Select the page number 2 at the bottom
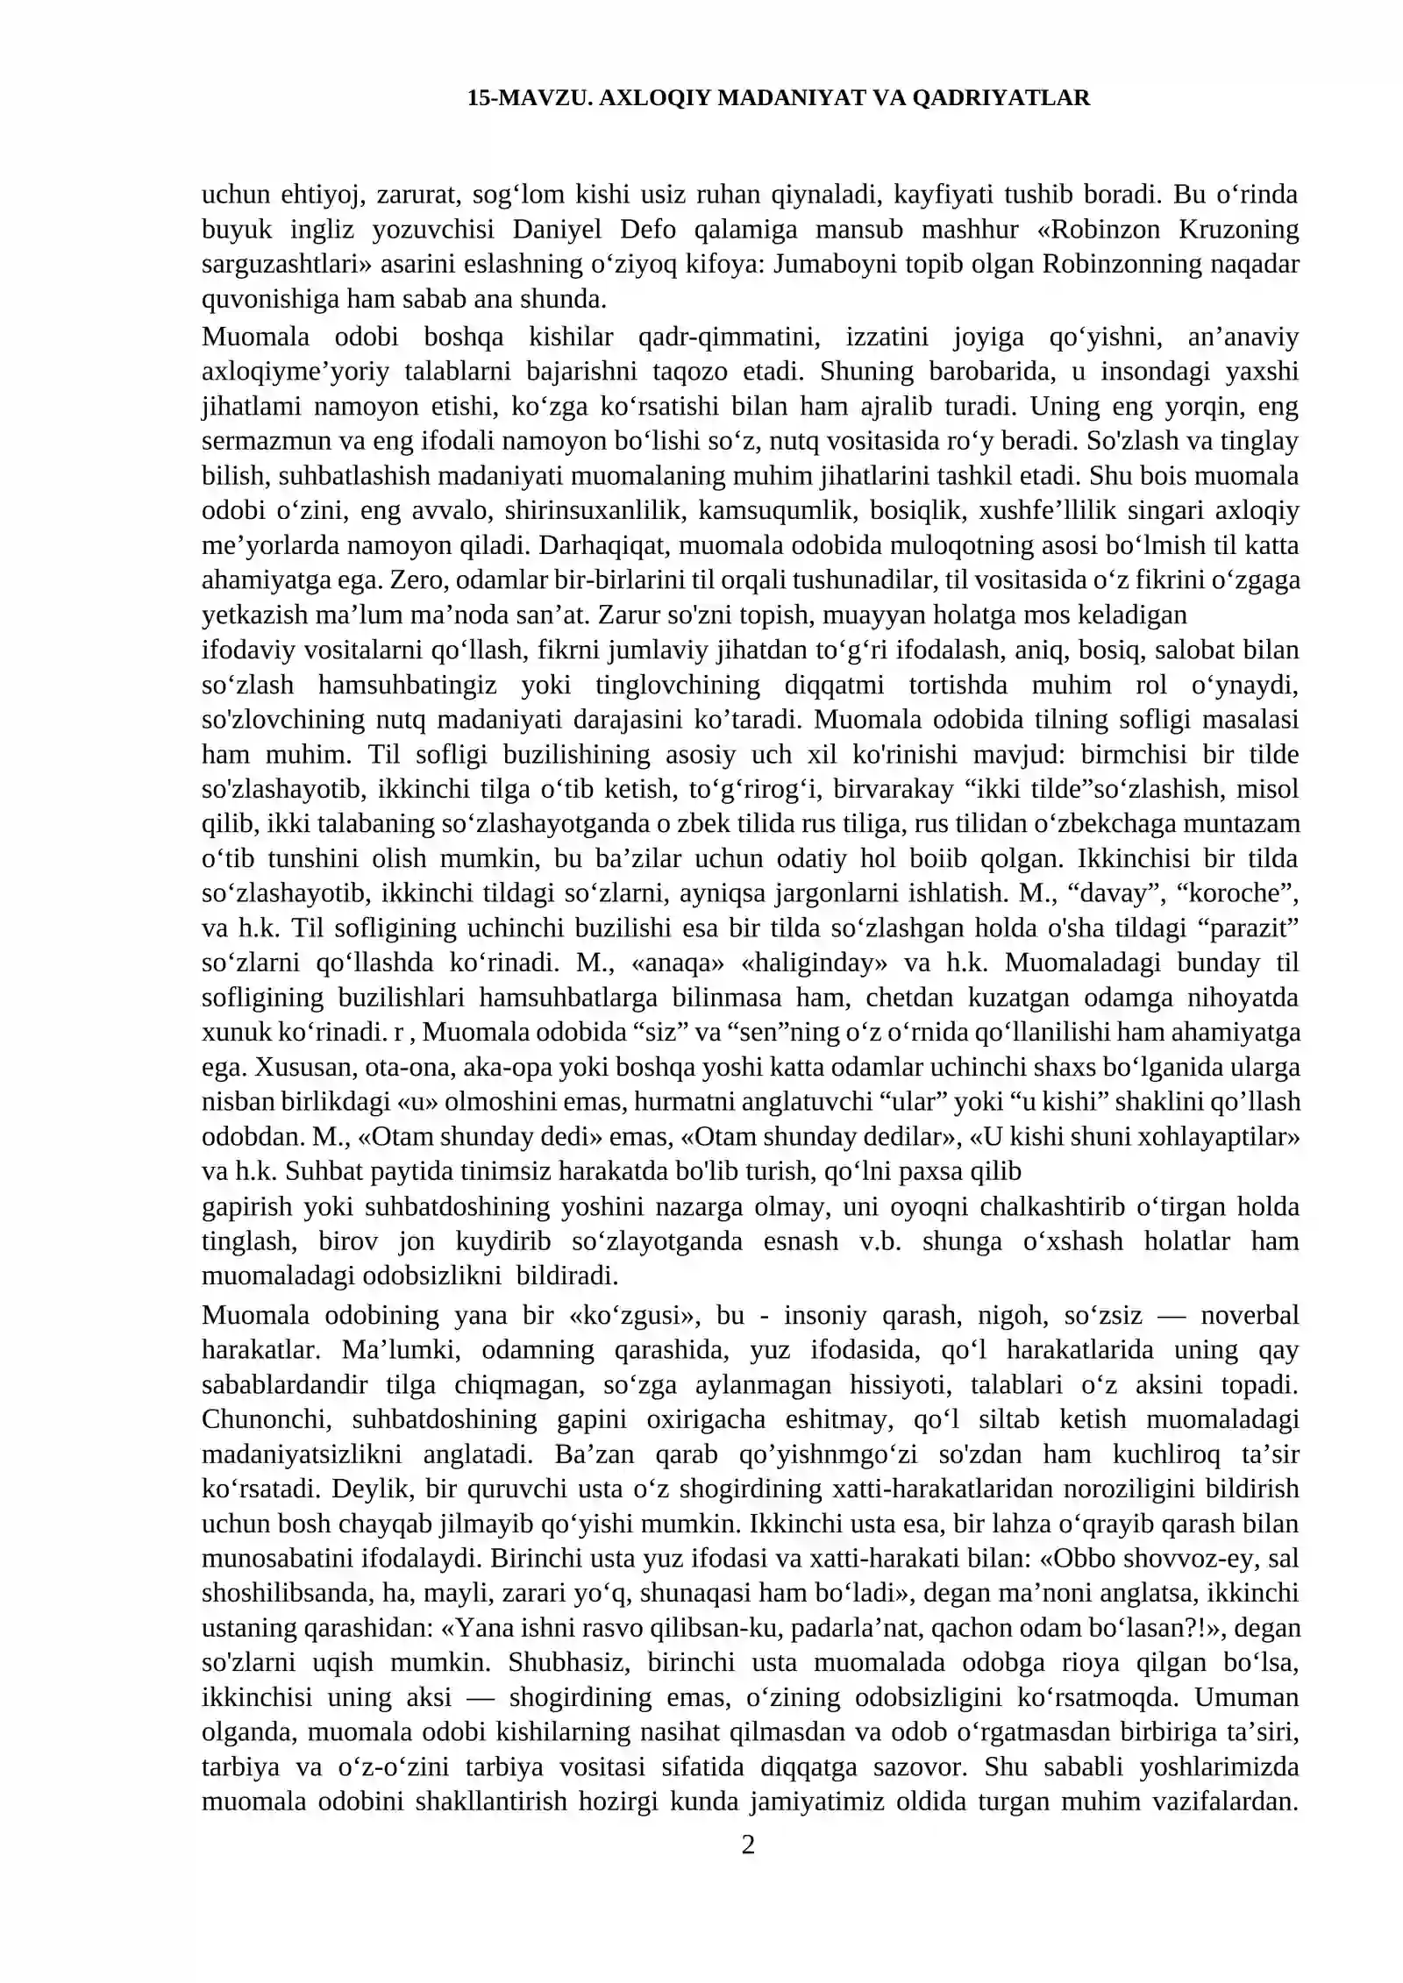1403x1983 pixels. pos(748,1846)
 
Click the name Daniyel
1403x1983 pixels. pos(554,230)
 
